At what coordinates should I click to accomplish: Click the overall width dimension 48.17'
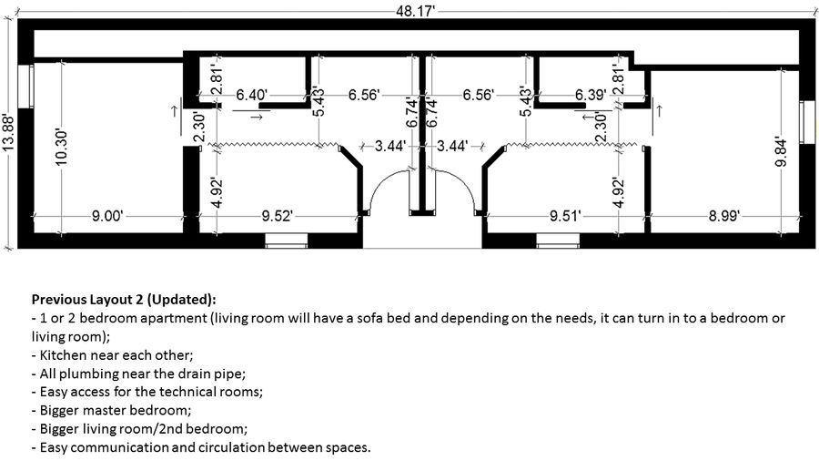[415, 10]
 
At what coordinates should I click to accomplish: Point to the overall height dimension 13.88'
[7, 133]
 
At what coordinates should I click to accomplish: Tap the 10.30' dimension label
[62, 149]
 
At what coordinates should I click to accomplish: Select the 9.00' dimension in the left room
[107, 215]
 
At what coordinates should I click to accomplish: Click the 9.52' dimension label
[277, 215]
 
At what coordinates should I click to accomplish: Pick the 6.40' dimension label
[252, 95]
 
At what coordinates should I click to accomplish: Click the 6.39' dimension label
[591, 95]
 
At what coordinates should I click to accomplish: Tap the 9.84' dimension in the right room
[781, 151]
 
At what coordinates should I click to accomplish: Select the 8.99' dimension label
[723, 215]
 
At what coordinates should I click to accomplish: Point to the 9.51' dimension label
[565, 215]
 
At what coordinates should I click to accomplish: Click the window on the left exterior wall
[25, 87]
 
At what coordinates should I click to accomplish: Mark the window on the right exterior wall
[806, 122]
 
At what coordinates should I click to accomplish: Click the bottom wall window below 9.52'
[287, 241]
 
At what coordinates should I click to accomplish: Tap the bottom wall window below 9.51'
[558, 241]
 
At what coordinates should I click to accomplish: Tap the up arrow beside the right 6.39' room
[659, 111]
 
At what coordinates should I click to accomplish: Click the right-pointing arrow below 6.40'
[256, 118]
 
